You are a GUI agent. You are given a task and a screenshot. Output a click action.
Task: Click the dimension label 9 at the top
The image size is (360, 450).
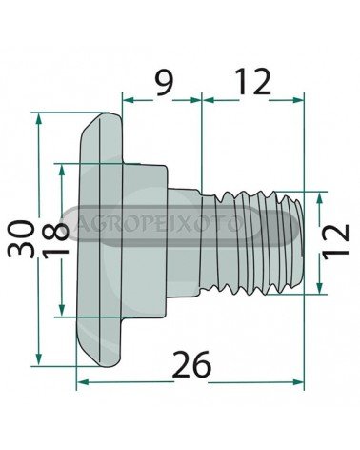(x=165, y=83)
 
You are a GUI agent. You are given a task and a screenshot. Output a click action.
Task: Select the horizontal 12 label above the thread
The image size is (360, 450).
(x=253, y=81)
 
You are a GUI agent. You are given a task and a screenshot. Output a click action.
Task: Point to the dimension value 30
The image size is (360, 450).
(x=21, y=238)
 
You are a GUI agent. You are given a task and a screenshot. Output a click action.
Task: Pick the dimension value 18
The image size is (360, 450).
(x=55, y=240)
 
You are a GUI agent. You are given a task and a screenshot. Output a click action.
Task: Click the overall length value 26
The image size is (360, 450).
(x=192, y=364)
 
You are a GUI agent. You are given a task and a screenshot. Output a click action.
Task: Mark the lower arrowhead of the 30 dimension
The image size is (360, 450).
(x=39, y=359)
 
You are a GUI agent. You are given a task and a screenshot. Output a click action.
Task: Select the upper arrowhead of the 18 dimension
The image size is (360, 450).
(x=62, y=170)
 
